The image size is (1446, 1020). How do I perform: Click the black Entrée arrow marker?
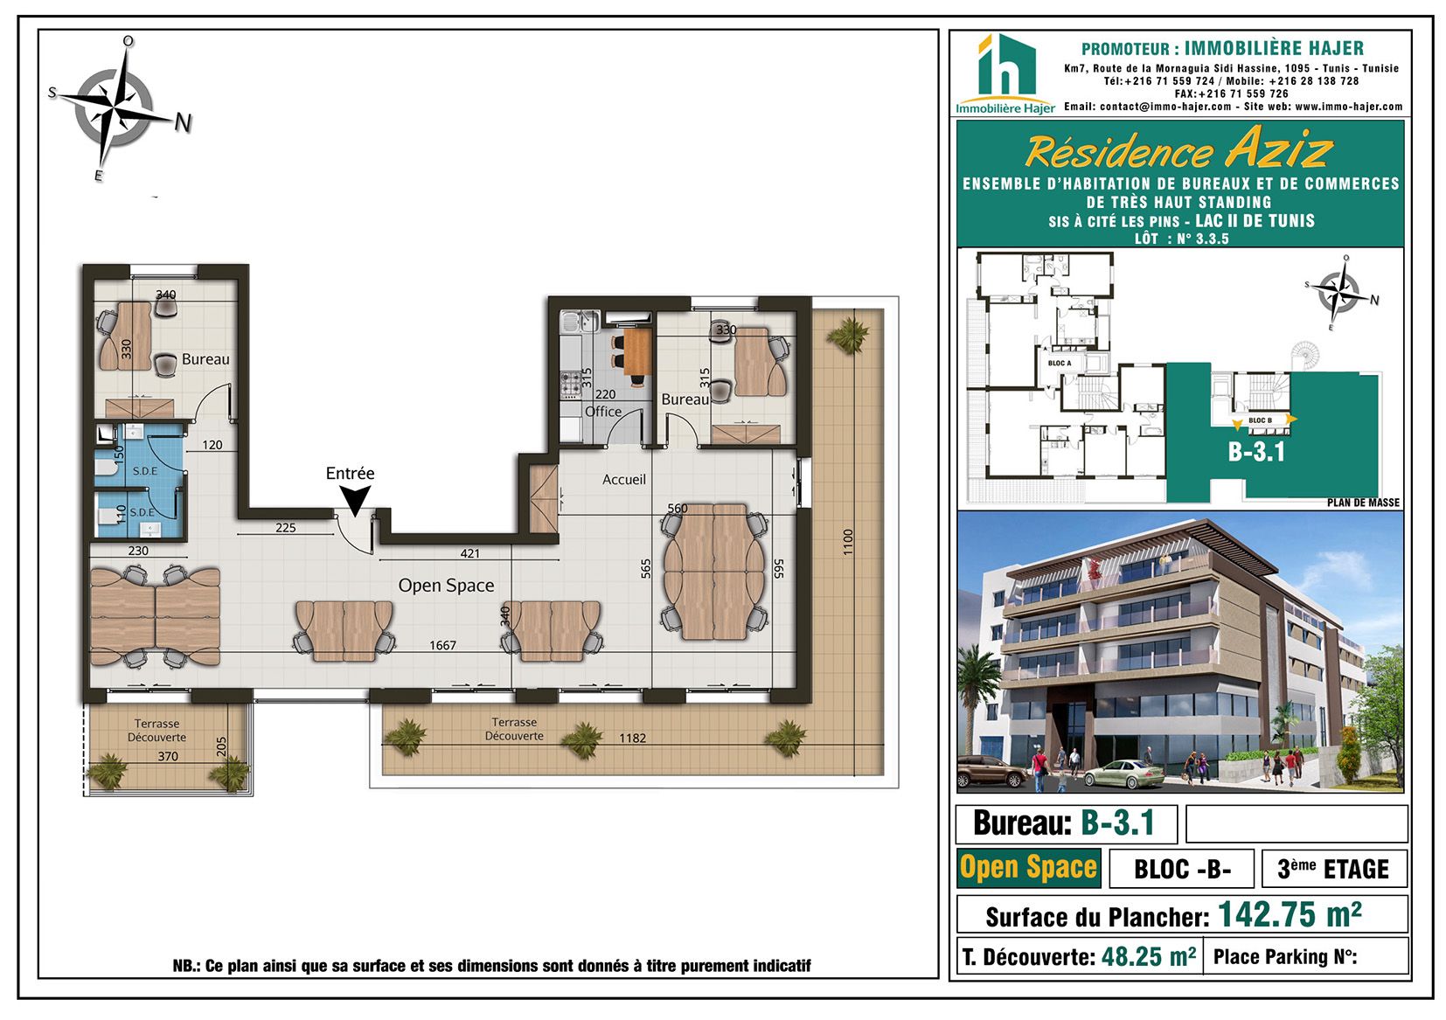[x=354, y=500]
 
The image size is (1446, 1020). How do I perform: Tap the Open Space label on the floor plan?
[x=446, y=586]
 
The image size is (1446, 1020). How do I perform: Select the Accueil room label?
[x=623, y=480]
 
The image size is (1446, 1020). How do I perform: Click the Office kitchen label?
[x=603, y=411]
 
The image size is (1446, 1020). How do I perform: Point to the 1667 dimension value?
[x=443, y=645]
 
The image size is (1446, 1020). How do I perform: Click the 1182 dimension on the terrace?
[x=633, y=738]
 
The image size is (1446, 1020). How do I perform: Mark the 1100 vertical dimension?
[x=848, y=542]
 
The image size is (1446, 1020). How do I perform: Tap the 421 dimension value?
[x=470, y=553]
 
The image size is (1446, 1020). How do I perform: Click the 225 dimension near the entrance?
[x=285, y=527]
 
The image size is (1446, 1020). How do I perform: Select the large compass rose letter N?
[x=184, y=122]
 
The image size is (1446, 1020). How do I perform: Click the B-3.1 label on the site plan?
[x=1256, y=451]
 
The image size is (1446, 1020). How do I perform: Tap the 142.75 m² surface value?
[x=1290, y=914]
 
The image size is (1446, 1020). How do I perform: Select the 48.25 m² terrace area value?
[x=1149, y=957]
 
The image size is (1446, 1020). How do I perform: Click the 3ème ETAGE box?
[x=1334, y=868]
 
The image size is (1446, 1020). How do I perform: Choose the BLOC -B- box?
[x=1182, y=868]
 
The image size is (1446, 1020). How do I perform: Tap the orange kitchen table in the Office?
[x=637, y=353]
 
